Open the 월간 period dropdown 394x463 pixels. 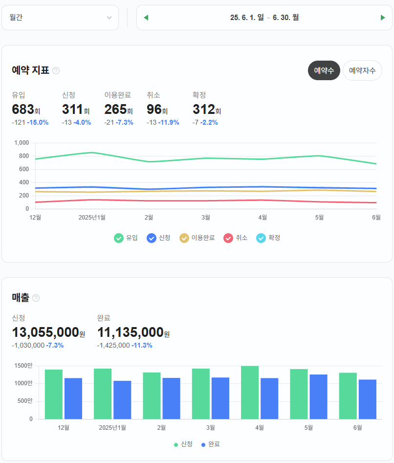click(x=60, y=18)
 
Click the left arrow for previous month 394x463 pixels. click(x=146, y=18)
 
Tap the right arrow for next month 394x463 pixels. click(x=383, y=18)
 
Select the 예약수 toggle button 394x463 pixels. click(x=324, y=70)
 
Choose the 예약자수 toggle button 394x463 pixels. click(x=362, y=70)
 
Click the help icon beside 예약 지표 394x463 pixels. click(x=56, y=70)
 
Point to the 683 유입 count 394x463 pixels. click(x=22, y=110)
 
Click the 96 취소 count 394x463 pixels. click(x=154, y=110)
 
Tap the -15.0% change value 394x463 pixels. click(x=38, y=122)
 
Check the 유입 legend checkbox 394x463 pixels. click(x=119, y=238)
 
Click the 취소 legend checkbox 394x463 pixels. click(x=228, y=238)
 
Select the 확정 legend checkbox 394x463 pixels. click(x=261, y=238)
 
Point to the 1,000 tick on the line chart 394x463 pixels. click(x=22, y=143)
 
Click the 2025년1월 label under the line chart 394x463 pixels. click(x=92, y=217)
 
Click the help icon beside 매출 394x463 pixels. click(x=36, y=298)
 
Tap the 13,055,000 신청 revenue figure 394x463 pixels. click(x=45, y=332)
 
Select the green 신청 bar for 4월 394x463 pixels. click(x=250, y=392)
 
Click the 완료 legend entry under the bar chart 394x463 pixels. click(x=210, y=444)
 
